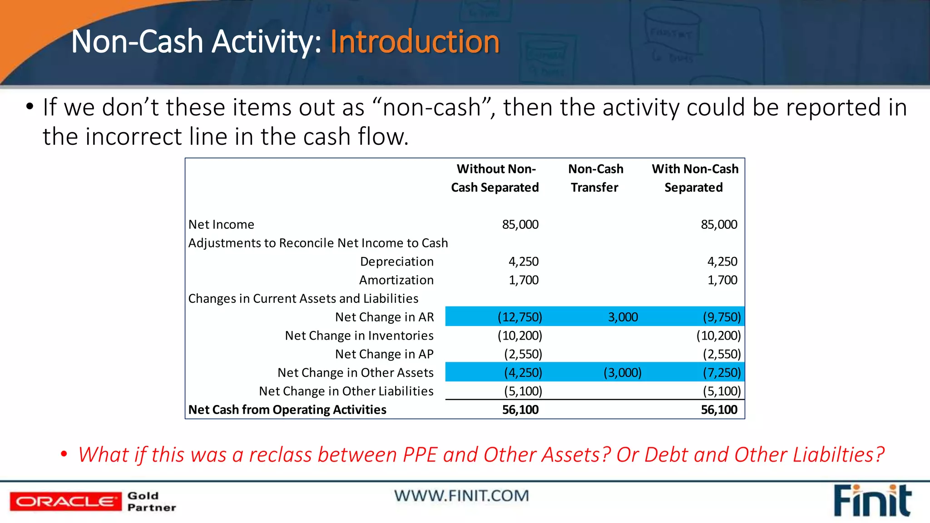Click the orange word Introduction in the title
[415, 42]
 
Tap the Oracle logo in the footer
[65, 501]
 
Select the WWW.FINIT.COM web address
[461, 496]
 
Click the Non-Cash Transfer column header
[595, 178]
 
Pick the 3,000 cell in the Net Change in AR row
[623, 317]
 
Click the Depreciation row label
[396, 261]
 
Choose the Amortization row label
[396, 280]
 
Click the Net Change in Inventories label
[359, 336]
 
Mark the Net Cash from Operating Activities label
[287, 410]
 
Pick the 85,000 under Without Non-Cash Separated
[520, 224]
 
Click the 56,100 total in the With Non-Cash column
[719, 410]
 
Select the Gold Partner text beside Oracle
[151, 501]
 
